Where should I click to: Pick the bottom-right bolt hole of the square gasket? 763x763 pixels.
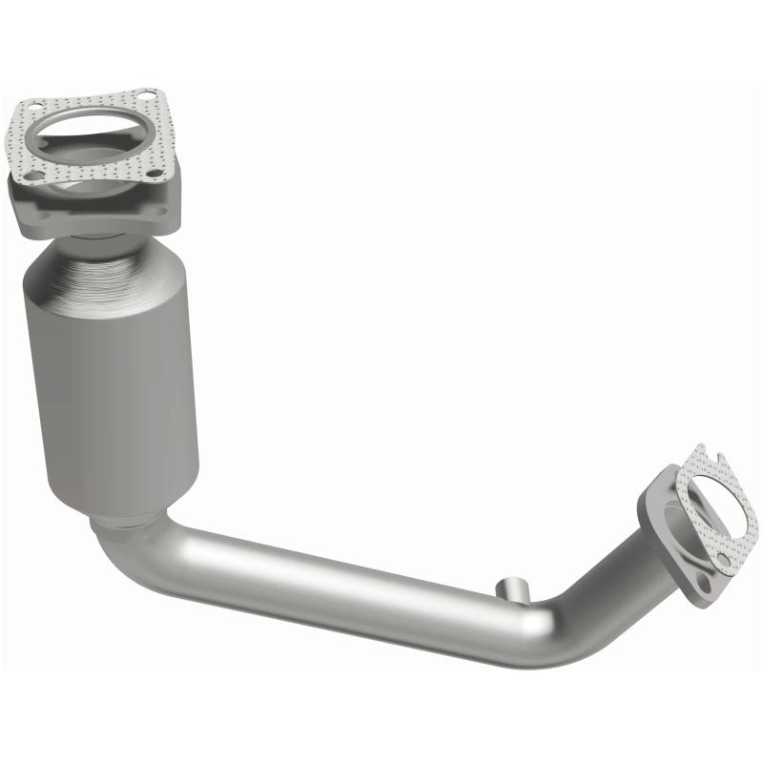coord(155,173)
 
